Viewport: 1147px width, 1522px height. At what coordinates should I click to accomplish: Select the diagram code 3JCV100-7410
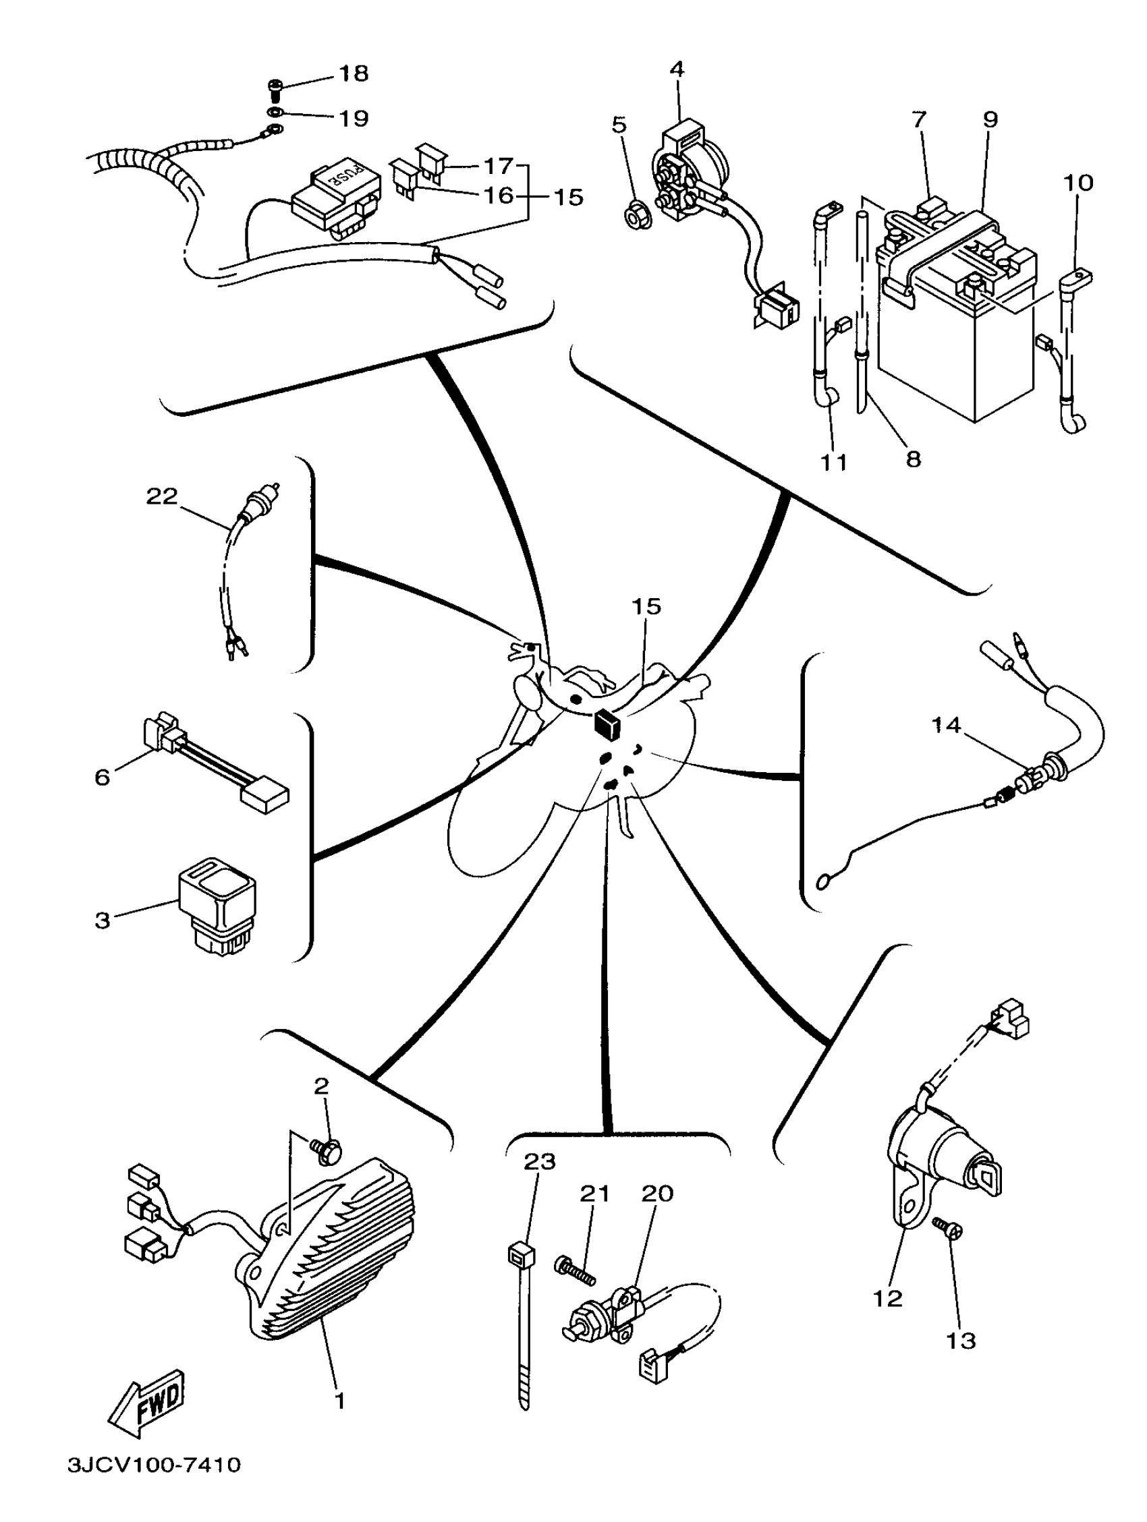click(155, 1484)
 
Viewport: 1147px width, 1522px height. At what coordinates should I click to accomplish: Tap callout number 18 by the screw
click(354, 74)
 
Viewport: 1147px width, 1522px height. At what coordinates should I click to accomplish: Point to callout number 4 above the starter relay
click(677, 69)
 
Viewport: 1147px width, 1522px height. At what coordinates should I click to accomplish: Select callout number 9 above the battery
click(989, 120)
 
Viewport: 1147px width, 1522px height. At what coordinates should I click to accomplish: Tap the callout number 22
click(162, 496)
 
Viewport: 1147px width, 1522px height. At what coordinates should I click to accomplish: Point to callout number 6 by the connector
click(102, 777)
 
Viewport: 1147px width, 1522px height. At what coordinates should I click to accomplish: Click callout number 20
click(656, 1193)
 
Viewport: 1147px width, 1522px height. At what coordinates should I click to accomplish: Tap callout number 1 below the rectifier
click(339, 1399)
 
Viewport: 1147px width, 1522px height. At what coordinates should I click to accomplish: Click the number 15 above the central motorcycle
click(646, 606)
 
